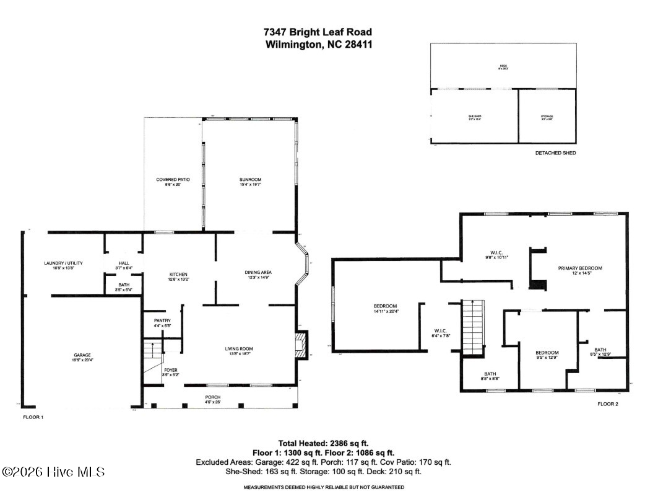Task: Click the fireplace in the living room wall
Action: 301,345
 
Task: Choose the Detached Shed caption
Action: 555,152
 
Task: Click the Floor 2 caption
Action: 607,404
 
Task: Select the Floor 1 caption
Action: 33,418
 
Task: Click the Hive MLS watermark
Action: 53,472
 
